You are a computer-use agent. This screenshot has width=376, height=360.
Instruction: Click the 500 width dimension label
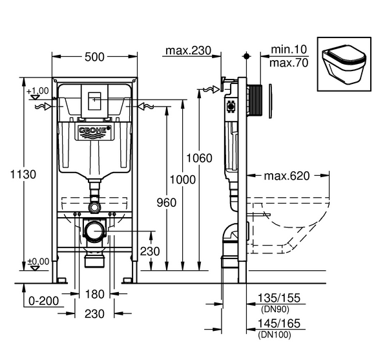click(94, 57)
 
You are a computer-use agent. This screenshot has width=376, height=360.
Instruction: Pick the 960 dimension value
click(166, 202)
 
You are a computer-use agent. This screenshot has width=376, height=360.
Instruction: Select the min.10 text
click(289, 50)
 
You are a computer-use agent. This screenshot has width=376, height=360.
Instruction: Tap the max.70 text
click(289, 63)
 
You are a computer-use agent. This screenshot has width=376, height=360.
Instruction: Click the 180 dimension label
click(94, 295)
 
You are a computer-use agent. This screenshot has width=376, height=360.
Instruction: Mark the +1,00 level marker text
click(38, 90)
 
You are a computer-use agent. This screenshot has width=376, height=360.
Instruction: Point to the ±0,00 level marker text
click(38, 261)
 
